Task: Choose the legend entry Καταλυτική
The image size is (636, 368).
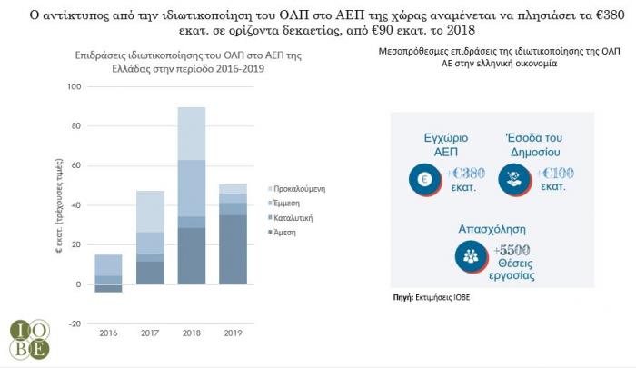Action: (296, 217)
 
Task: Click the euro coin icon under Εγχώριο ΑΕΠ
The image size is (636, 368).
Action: (423, 181)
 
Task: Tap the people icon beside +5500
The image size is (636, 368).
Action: (470, 257)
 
